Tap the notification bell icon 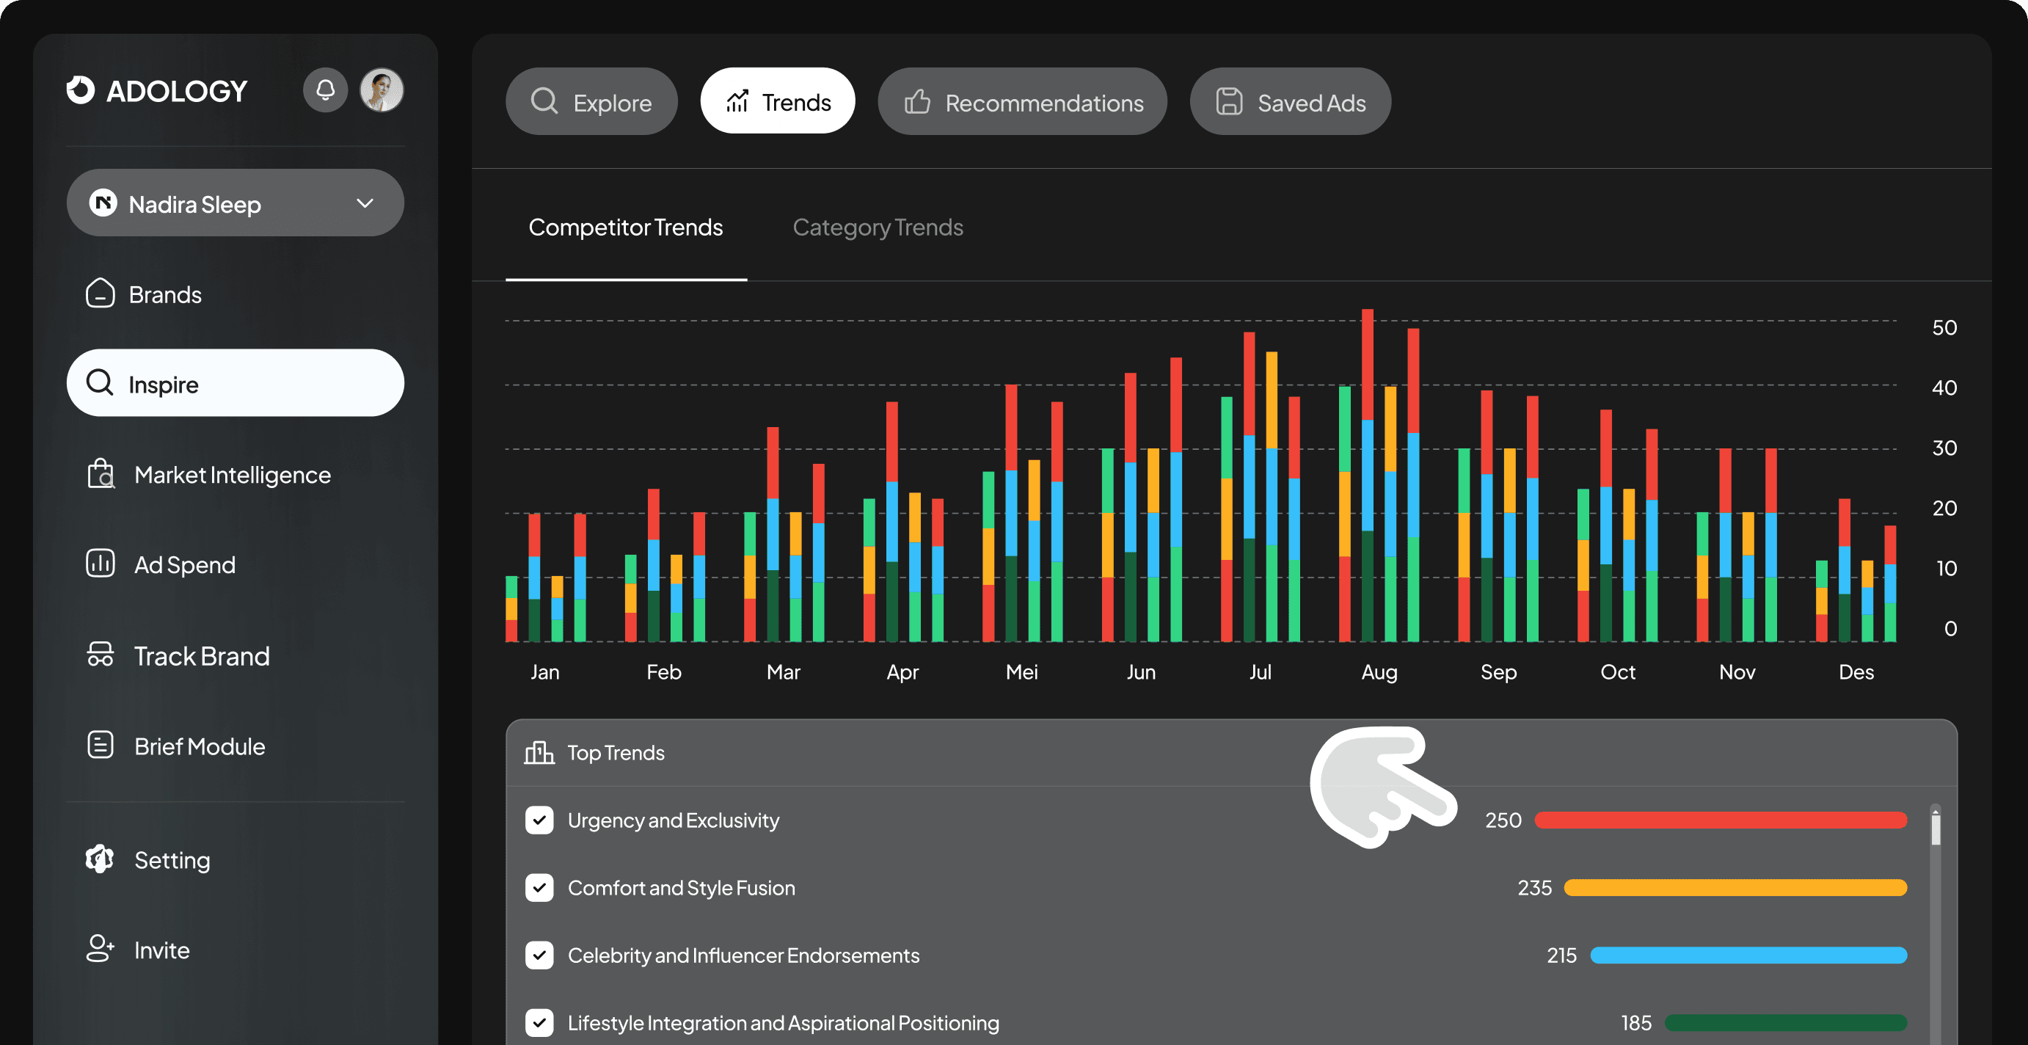pos(325,90)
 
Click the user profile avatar pos(382,90)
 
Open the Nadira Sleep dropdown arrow pos(365,203)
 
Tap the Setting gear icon pos(100,859)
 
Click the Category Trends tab pos(878,227)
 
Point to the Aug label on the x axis pos(1379,671)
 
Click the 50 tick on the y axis pos(1944,327)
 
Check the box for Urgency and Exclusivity pos(539,820)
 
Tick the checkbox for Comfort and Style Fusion pos(539,887)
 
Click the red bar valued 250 pos(1721,820)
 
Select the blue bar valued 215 pos(1748,955)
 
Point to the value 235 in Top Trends pos(1534,887)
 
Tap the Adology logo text pos(177,91)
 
